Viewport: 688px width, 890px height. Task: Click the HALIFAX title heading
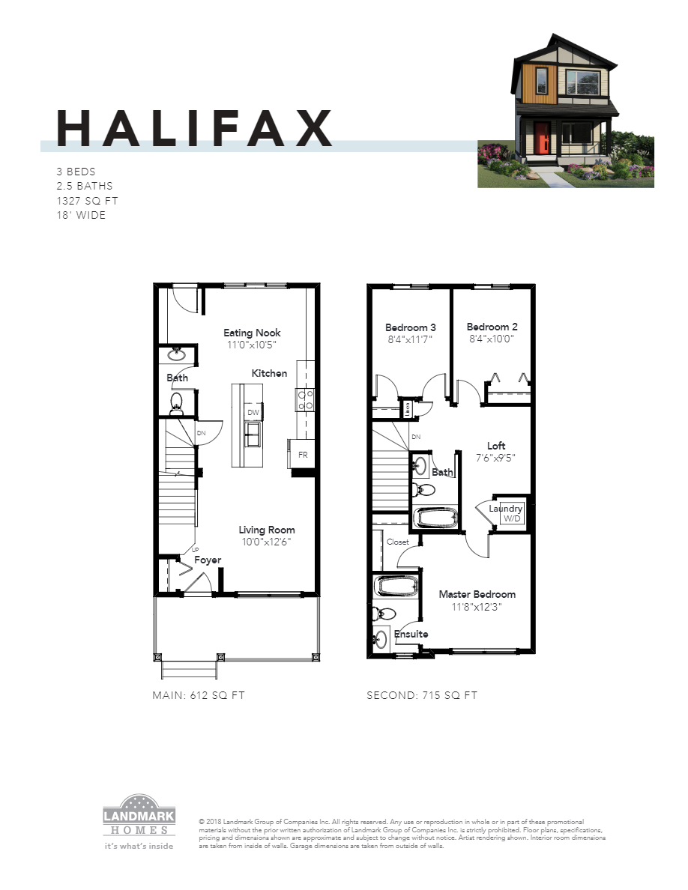(x=195, y=128)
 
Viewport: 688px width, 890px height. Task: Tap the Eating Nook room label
(x=252, y=333)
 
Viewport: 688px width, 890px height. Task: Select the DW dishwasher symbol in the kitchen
(x=253, y=413)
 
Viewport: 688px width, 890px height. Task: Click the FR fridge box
(x=302, y=454)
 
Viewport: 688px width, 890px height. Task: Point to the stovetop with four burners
(x=306, y=399)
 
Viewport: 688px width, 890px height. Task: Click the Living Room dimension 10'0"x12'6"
(x=266, y=542)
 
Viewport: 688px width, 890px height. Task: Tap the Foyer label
(x=208, y=560)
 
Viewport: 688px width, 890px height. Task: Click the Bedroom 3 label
(x=410, y=327)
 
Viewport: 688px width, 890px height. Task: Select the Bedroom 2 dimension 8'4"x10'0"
(x=492, y=339)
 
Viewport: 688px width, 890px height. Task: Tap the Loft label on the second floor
(x=496, y=445)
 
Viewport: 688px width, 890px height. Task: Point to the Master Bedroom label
(x=477, y=594)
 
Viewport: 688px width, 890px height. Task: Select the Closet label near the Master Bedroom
(x=397, y=542)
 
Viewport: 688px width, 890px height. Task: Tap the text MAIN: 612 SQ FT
(x=199, y=695)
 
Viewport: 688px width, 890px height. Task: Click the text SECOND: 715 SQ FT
(x=421, y=695)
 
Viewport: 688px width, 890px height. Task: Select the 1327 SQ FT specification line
(x=87, y=201)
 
